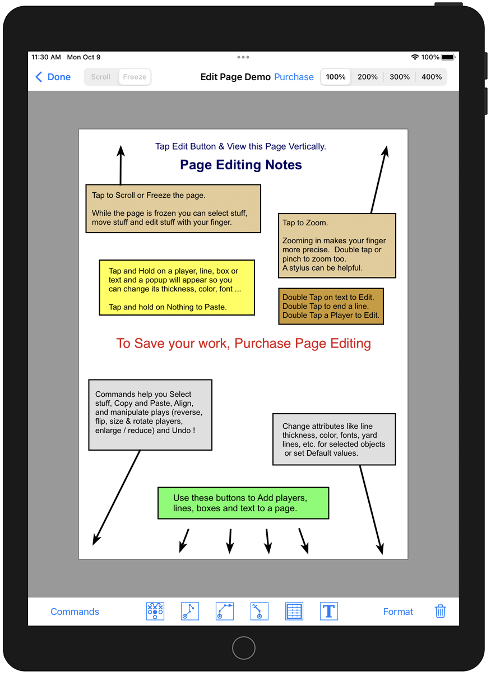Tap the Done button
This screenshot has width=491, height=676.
[53, 77]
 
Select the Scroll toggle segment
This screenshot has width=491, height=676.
[101, 77]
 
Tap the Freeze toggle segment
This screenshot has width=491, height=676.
[135, 77]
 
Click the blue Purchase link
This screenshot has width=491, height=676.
[294, 77]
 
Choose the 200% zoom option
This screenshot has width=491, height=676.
[367, 77]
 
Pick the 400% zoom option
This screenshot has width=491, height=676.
[431, 77]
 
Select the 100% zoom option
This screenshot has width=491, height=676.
[336, 77]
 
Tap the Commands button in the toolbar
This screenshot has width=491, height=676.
[75, 612]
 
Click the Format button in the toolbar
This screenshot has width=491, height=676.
[398, 612]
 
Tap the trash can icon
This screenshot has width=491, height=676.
[440, 611]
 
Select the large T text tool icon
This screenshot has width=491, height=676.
[328, 611]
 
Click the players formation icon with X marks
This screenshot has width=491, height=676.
[155, 611]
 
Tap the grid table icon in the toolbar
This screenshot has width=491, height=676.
[294, 611]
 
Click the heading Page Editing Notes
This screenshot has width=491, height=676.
[241, 165]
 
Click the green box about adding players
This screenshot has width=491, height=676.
[243, 503]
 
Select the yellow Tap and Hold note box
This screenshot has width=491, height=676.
[177, 288]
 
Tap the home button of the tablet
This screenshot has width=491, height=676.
[244, 648]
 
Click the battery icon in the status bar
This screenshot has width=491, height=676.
[448, 57]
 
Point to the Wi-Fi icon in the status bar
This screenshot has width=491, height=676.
[415, 57]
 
